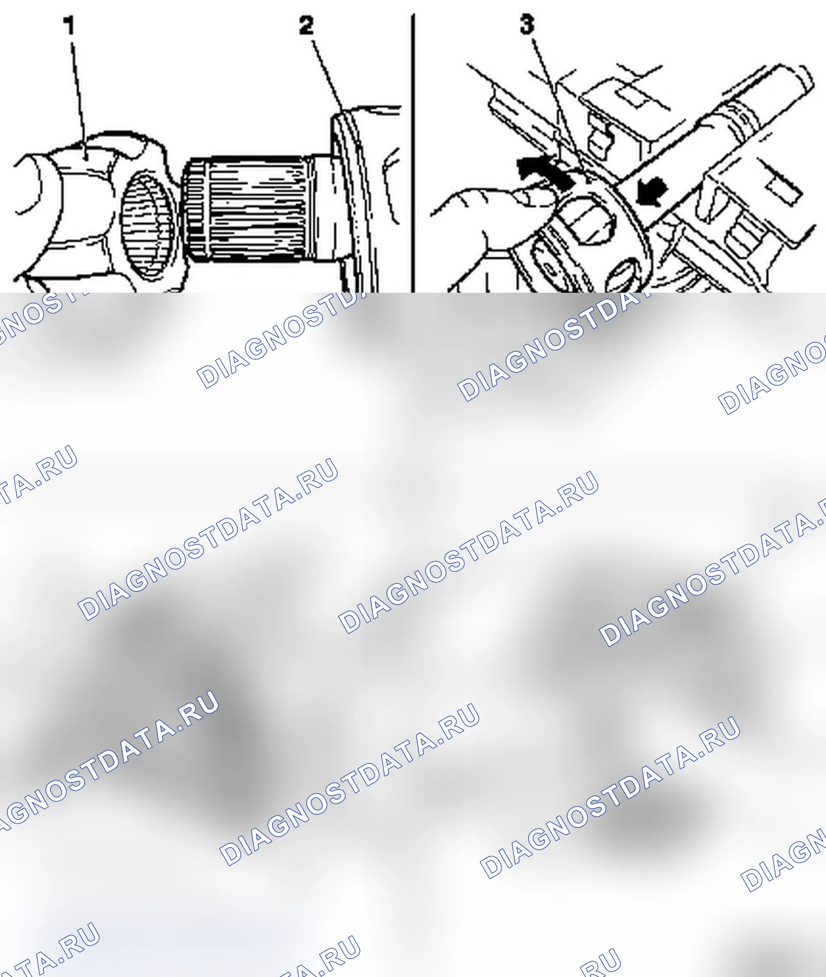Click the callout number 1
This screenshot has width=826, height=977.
[x=70, y=26]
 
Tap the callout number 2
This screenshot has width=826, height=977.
[x=307, y=26]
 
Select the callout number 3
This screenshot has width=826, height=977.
[x=527, y=24]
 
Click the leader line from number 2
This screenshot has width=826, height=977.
[x=328, y=77]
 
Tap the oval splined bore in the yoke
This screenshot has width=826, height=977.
[x=148, y=226]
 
